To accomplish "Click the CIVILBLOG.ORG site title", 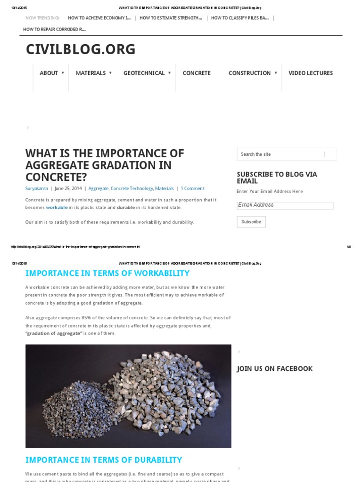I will pyautogui.click(x=81, y=49).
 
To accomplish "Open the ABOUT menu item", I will pyautogui.click(x=49, y=73).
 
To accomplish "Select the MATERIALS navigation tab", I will pyautogui.click(x=91, y=73).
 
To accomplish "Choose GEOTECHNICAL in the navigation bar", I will pyautogui.click(x=144, y=73).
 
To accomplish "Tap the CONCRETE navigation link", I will pyautogui.click(x=197, y=73).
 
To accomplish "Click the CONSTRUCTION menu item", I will pyautogui.click(x=250, y=73).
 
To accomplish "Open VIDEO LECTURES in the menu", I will pyautogui.click(x=311, y=73).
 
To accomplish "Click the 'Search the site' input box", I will pyautogui.click(x=280, y=154).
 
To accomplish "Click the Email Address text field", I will pyautogui.click(x=285, y=205).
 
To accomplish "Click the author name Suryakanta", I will pyautogui.click(x=36, y=188).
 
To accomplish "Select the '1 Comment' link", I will pyautogui.click(x=192, y=188).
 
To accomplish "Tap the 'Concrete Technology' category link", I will pyautogui.click(x=132, y=188).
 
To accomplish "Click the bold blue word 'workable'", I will pyautogui.click(x=57, y=208).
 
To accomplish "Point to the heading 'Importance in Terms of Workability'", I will pyautogui.click(x=107, y=273).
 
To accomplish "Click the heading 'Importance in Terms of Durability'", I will pyautogui.click(x=104, y=460).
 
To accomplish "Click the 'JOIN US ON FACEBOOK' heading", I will pyautogui.click(x=275, y=369).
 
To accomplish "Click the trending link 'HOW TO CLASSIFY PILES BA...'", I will pyautogui.click(x=240, y=18).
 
